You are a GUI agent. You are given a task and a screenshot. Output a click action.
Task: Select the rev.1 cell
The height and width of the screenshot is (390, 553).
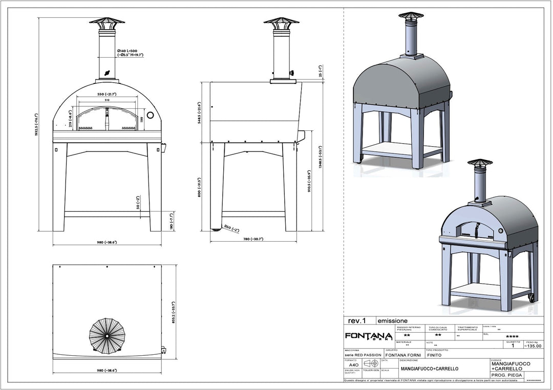357,321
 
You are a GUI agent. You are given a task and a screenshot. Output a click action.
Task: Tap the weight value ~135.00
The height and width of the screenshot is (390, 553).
532,346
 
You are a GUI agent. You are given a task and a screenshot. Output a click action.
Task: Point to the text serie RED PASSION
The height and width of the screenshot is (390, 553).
363,355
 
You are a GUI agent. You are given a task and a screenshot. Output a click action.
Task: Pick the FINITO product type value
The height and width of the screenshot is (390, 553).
434,355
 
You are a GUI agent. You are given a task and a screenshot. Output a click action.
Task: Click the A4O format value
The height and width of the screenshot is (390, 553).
353,365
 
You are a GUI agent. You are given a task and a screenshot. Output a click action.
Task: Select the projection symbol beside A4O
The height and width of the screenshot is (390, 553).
371,363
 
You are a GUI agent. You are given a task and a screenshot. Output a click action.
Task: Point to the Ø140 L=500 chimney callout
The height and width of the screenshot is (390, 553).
130,53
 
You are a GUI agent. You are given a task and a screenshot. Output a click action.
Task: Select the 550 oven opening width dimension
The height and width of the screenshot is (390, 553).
107,95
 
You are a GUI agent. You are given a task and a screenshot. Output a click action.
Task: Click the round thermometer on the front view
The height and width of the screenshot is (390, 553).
151,116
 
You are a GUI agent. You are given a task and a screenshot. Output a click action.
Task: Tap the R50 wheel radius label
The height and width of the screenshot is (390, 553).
231,230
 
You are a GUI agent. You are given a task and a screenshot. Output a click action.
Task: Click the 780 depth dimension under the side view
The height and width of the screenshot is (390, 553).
253,239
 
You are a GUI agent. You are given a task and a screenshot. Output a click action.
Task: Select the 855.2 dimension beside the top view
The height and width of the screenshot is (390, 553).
174,311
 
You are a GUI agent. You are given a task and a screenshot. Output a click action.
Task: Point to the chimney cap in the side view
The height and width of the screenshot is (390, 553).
281,22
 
